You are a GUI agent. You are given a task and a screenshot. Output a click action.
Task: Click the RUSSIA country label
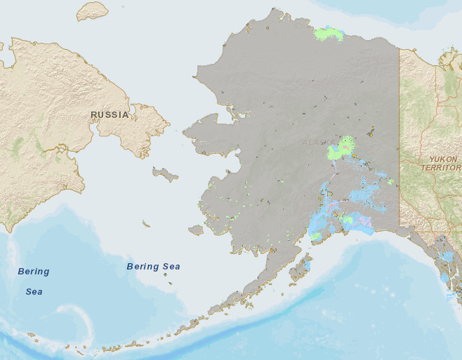[110, 114]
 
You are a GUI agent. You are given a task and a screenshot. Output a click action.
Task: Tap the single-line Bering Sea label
[153, 267]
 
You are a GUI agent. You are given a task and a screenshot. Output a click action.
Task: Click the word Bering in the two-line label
[34, 272]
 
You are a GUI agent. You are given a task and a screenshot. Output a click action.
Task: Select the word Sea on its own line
[34, 291]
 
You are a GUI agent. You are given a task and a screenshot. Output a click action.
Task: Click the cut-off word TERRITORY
[440, 168]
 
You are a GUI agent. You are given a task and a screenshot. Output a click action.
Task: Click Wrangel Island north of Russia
[92, 11]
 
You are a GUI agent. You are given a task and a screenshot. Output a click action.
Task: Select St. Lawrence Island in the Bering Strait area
[166, 174]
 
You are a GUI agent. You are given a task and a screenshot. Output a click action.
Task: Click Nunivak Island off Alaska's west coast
[196, 229]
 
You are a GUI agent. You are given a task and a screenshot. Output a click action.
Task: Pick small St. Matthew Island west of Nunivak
[146, 224]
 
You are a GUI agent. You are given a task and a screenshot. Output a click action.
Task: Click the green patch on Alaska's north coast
[329, 32]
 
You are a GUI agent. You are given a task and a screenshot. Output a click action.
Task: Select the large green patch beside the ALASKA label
[342, 149]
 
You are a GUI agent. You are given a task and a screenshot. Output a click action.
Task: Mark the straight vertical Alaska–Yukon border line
[399, 140]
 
